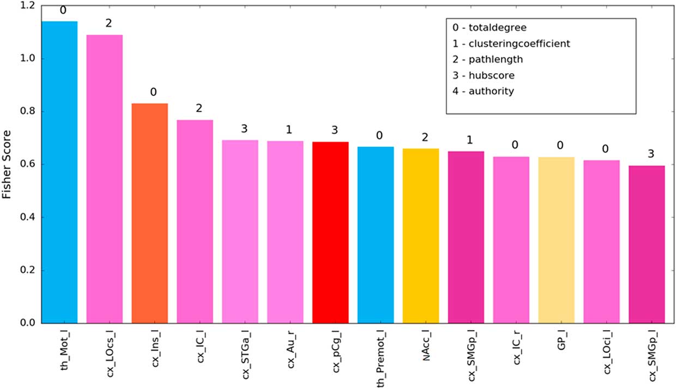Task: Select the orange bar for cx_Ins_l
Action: coord(149,213)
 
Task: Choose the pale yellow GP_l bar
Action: coord(556,240)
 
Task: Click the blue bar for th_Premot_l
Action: coord(376,235)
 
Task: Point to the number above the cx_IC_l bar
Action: coord(195,109)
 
